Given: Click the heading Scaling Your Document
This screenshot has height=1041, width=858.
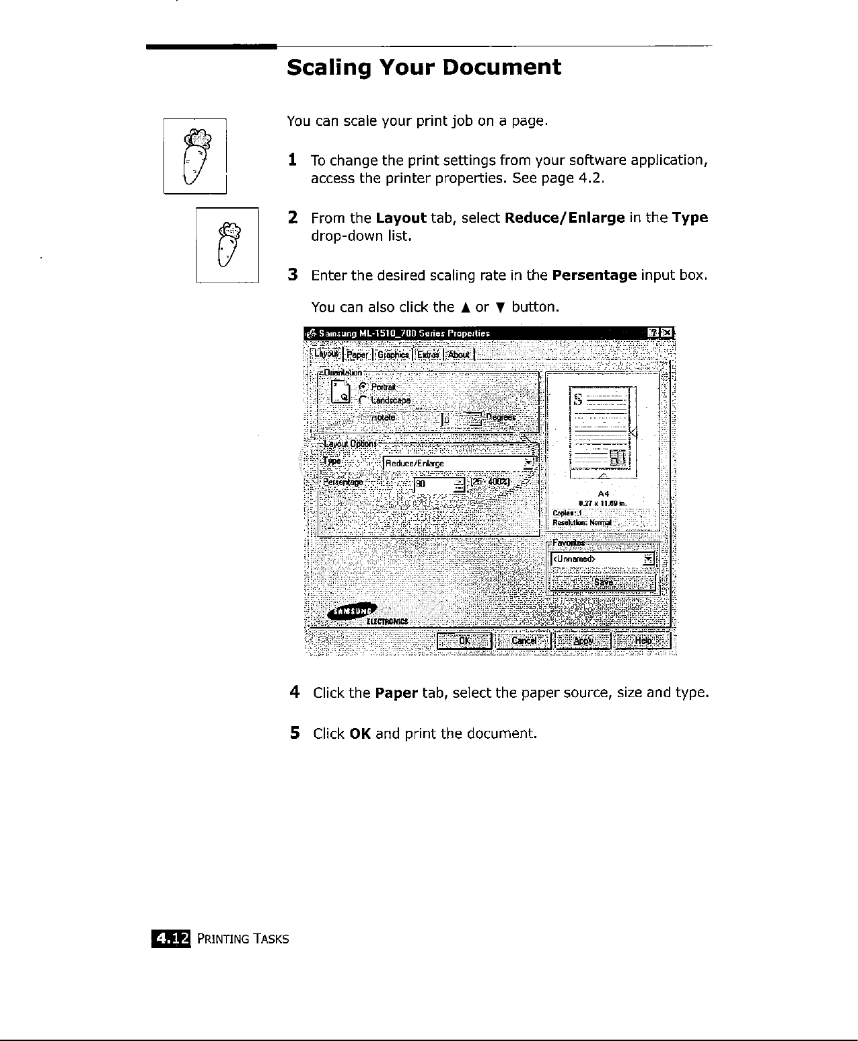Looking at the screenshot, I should click(423, 67).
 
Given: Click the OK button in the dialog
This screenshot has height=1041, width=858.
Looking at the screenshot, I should click(464, 641).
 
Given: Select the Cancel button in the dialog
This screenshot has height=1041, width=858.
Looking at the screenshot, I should click(524, 641).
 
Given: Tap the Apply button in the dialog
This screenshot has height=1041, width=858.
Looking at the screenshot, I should click(583, 641).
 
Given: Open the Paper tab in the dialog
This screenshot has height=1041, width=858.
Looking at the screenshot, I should click(358, 355).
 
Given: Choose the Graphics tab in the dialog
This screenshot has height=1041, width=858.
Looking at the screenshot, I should click(393, 355).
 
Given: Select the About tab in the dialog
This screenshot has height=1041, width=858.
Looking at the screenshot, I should click(459, 355).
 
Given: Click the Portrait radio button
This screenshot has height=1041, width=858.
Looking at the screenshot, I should click(363, 387).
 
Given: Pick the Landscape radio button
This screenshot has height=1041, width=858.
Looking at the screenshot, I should click(363, 400).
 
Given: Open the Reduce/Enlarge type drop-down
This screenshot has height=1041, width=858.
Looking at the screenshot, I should click(528, 463).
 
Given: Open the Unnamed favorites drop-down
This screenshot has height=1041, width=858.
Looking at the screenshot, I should click(647, 559).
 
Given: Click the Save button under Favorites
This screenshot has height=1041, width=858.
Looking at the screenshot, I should click(603, 582).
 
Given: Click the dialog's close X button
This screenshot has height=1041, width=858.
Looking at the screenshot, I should click(666, 333).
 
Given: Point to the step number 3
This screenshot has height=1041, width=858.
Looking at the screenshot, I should click(293, 275).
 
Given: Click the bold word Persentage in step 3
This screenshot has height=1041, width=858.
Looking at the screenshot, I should click(594, 275).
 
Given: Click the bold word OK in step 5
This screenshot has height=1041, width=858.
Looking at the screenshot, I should click(361, 733).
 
